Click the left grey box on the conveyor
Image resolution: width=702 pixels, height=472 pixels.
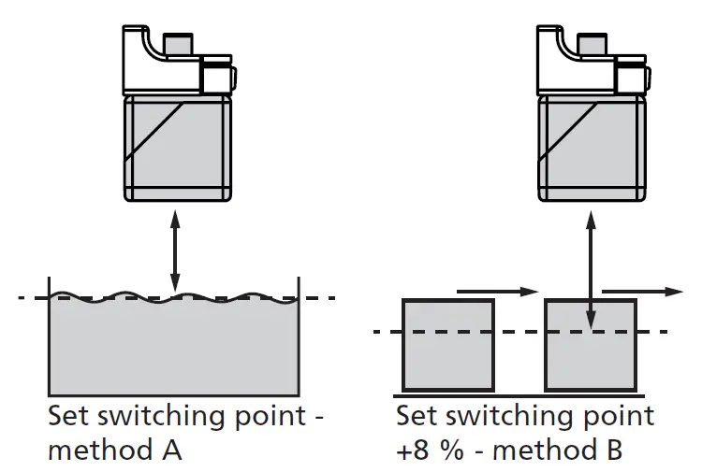click(x=447, y=345)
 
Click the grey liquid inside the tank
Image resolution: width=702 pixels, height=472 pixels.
click(x=173, y=346)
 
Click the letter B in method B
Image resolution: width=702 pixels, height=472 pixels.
click(x=609, y=451)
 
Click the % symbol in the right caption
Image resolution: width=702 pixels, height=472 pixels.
click(x=453, y=451)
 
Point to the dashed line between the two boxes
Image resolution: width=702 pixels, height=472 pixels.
click(x=519, y=332)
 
